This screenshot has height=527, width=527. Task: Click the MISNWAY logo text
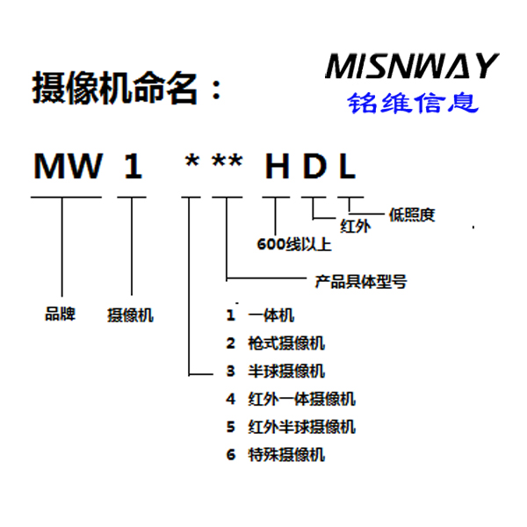(x=412, y=66)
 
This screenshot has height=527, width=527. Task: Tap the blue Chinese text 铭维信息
(x=413, y=103)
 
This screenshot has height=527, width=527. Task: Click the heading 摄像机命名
(x=114, y=88)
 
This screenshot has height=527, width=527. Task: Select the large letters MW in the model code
(x=68, y=166)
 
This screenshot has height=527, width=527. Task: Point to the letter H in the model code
(x=278, y=166)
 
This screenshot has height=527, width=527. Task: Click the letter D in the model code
(x=315, y=166)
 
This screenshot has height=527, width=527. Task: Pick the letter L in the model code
(x=348, y=166)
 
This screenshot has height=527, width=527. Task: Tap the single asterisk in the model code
(x=191, y=161)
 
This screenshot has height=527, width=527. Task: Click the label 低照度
(x=412, y=215)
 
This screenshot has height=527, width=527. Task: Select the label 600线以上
(x=294, y=244)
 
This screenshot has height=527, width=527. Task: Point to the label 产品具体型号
(x=361, y=282)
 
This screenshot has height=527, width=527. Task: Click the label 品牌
(x=60, y=314)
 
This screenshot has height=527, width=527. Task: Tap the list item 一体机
(x=271, y=315)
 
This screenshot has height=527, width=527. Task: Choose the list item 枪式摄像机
(x=286, y=343)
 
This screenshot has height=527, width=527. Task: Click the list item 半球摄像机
(x=286, y=372)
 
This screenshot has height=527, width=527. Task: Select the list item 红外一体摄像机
(x=302, y=400)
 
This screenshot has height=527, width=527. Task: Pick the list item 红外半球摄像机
(x=302, y=427)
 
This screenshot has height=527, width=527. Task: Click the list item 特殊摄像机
(x=286, y=455)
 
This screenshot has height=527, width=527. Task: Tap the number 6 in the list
(x=231, y=455)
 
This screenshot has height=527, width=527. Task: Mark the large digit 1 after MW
(x=134, y=166)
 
